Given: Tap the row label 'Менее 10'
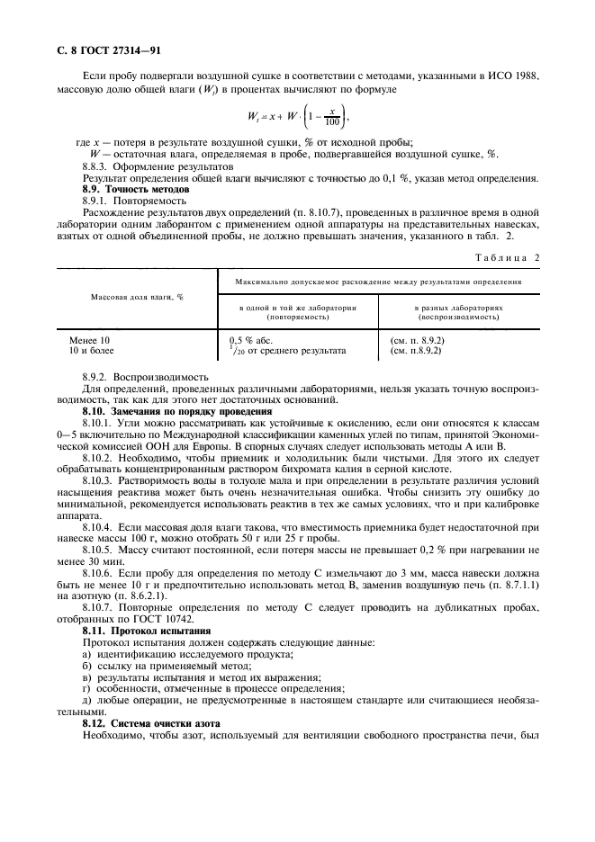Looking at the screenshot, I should point(89,340).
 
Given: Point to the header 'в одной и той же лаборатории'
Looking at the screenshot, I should point(298,307).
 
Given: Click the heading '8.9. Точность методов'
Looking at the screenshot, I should point(135,190).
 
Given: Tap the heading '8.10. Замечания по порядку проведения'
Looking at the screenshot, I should point(167,411).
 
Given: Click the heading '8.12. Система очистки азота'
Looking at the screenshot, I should point(143,723).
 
